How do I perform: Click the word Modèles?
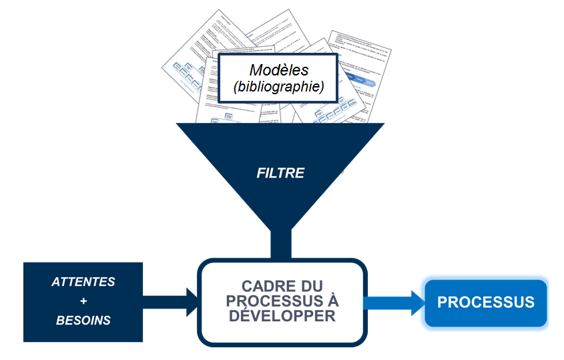(280, 70)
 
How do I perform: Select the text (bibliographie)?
(279, 87)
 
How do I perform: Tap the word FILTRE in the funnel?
(280, 173)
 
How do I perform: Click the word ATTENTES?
(83, 282)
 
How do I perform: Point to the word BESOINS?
(83, 321)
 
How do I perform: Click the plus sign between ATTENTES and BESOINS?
(83, 301)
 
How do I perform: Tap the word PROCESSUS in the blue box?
(486, 302)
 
